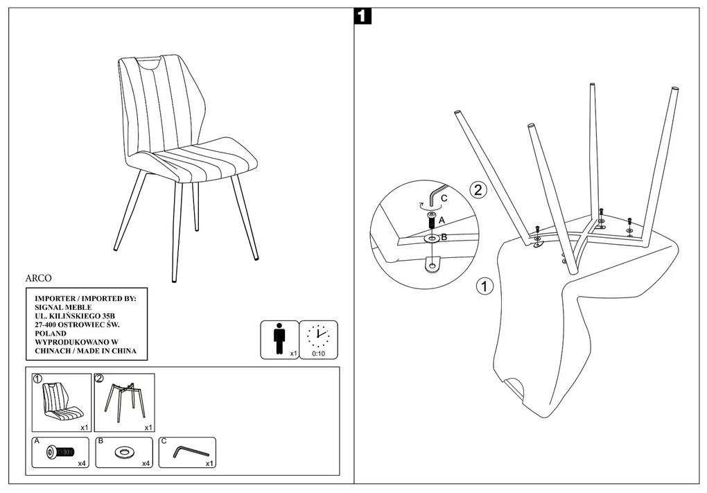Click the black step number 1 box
pyautogui.click(x=363, y=16)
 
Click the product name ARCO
pyautogui.click(x=40, y=277)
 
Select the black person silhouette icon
pyautogui.click(x=279, y=338)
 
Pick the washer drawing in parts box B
pyautogui.click(x=125, y=453)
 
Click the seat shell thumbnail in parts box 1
pyautogui.click(x=60, y=401)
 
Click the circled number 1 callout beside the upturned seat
pyautogui.click(x=485, y=286)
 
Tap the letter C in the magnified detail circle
pyautogui.click(x=444, y=198)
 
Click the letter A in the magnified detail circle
pyautogui.click(x=442, y=220)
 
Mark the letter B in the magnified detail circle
pyautogui.click(x=444, y=237)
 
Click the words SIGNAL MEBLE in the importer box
pyautogui.click(x=62, y=306)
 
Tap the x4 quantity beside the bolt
pyautogui.click(x=81, y=462)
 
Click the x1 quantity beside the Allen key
pyautogui.click(x=209, y=462)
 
